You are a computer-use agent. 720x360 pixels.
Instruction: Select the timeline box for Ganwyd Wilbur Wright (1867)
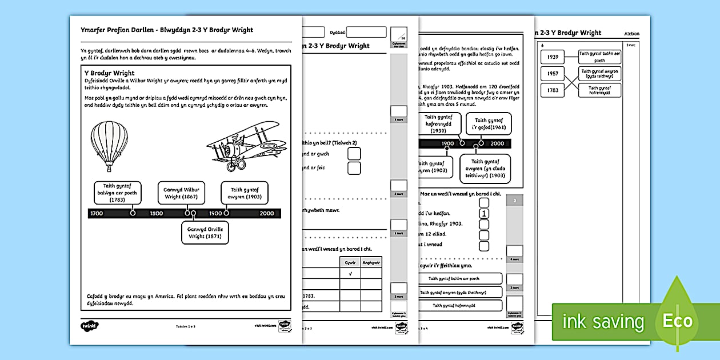(181, 193)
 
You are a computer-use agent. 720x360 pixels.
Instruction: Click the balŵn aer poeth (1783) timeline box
(117, 193)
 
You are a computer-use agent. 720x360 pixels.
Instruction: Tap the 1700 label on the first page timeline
(97, 213)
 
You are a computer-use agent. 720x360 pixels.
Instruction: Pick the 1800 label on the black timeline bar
(156, 213)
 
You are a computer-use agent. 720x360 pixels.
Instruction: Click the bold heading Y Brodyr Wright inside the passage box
(109, 73)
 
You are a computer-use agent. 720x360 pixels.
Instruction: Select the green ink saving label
(603, 322)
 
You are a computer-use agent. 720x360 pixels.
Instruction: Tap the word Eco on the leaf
(677, 321)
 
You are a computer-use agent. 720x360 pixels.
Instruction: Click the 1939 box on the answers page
(552, 57)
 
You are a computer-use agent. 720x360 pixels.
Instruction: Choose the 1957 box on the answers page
(552, 74)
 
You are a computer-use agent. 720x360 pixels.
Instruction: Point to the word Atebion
(631, 34)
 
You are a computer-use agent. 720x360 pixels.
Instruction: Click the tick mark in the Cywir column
(350, 273)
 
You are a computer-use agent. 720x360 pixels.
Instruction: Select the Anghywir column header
(371, 262)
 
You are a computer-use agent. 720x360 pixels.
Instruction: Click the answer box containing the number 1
(484, 214)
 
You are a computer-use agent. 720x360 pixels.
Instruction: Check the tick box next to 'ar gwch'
(354, 153)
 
